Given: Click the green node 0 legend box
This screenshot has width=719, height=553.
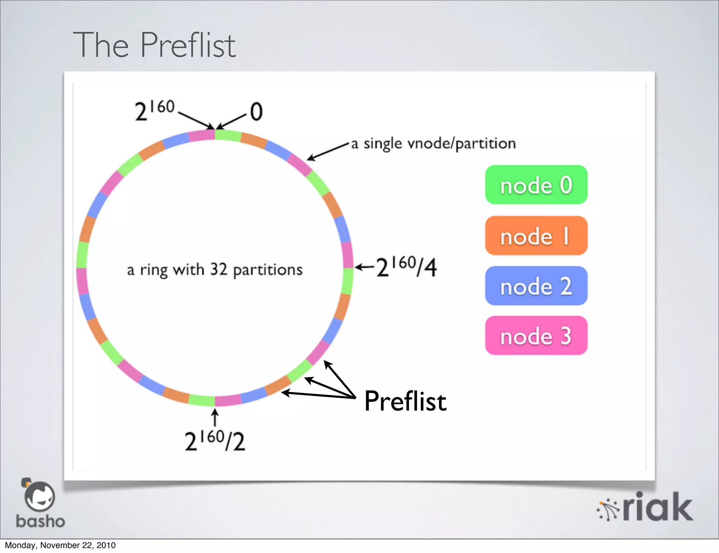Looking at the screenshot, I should click(x=536, y=185).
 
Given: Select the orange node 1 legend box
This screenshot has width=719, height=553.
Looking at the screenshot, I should click(x=536, y=235).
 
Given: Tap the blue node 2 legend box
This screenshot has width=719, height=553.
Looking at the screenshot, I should click(x=536, y=286).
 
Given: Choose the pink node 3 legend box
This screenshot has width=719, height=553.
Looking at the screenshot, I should click(x=536, y=335).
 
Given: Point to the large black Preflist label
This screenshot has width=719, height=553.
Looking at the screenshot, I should click(x=405, y=401).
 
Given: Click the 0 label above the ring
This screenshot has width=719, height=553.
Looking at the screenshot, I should click(x=256, y=112).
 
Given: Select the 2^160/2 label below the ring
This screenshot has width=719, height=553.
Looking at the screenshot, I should click(x=215, y=441).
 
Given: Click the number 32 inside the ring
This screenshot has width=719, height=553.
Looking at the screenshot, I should click(x=219, y=269).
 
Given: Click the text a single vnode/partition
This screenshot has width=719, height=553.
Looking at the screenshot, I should click(x=433, y=144).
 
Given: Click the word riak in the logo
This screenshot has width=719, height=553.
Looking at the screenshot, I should click(x=657, y=507).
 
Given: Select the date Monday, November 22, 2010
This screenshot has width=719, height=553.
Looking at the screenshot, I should click(x=60, y=545).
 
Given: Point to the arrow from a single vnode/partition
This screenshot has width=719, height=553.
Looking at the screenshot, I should click(x=328, y=152).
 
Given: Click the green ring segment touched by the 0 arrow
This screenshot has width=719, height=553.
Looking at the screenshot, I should click(x=227, y=135).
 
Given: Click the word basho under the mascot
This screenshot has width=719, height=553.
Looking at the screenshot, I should click(x=40, y=521).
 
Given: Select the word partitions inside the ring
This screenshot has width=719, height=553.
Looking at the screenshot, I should click(x=268, y=270).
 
